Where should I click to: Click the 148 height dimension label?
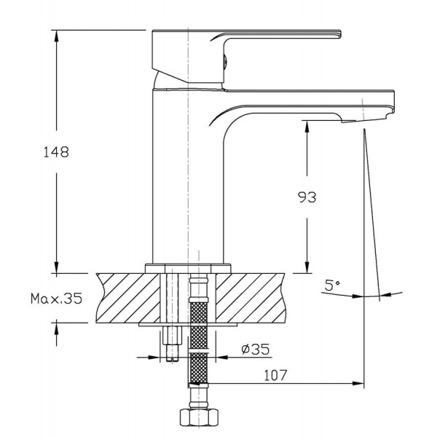pyautogui.click(x=56, y=152)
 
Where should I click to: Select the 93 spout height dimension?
pyautogui.click(x=307, y=197)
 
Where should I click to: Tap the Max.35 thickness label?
pyautogui.click(x=57, y=299)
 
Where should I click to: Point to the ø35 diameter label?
pyautogui.click(x=256, y=349)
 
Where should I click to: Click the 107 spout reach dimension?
pyautogui.click(x=275, y=375)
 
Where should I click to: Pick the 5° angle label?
pyautogui.click(x=333, y=285)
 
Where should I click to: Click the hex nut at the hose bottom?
pyautogui.click(x=199, y=417)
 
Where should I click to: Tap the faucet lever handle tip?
pyautogui.click(x=339, y=34)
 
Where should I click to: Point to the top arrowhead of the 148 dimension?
pyautogui.click(x=56, y=36)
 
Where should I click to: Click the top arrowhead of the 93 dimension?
pyautogui.click(x=307, y=127)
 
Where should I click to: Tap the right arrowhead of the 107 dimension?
pyautogui.click(x=358, y=384)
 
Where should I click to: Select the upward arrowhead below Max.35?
pyautogui.click(x=56, y=326)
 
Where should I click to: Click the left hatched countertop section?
pyautogui.click(x=128, y=298)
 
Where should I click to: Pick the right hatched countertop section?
pyautogui.click(x=251, y=298)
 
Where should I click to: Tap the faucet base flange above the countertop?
pyautogui.click(x=188, y=268)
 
